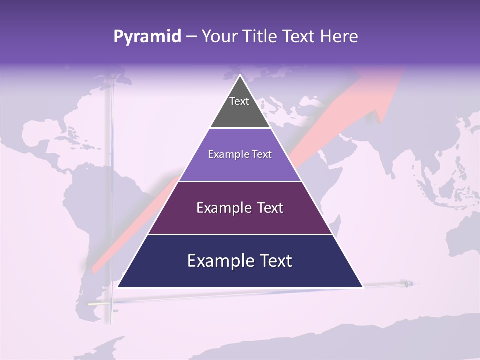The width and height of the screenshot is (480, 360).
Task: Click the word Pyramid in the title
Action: (147, 37)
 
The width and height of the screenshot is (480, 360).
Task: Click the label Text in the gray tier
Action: (239, 101)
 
